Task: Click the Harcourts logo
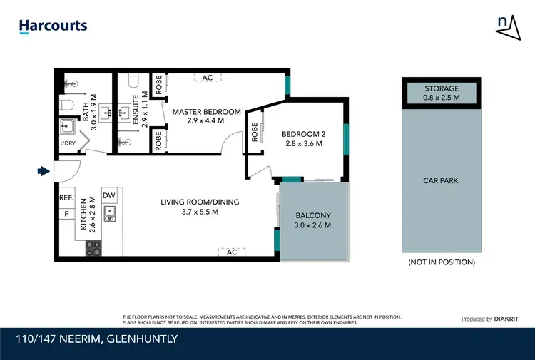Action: pyautogui.click(x=53, y=26)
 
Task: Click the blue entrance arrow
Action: pyautogui.click(x=44, y=170)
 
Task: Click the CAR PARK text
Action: pyautogui.click(x=440, y=181)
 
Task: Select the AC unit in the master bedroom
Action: pyautogui.click(x=208, y=77)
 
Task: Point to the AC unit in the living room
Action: pyautogui.click(x=231, y=252)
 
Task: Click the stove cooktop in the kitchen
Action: pyautogui.click(x=94, y=248)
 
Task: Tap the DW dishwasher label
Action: pyautogui.click(x=108, y=195)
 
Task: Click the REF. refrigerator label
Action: pyautogui.click(x=66, y=198)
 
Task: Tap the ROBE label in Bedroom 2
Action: pyautogui.click(x=255, y=133)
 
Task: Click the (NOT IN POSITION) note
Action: pyautogui.click(x=441, y=262)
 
